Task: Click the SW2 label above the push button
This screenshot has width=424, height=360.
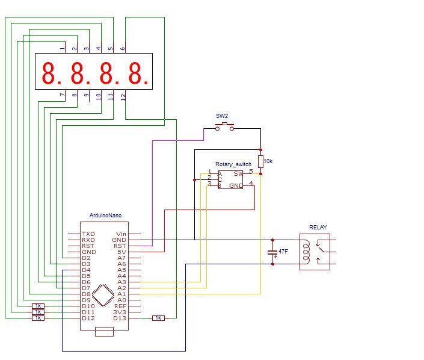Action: coord(222,116)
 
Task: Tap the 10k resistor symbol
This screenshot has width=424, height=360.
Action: coord(260,161)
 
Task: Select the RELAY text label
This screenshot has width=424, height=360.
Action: coord(318,227)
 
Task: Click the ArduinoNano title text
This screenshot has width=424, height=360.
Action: coord(105,215)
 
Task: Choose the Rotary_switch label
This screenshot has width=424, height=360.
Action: coord(233,164)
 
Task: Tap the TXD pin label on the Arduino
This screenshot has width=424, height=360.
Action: coord(88,234)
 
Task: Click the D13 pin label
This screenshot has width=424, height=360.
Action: coord(120,318)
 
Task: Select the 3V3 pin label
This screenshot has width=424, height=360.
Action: coord(120,312)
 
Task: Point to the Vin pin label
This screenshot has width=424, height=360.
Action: coord(121,234)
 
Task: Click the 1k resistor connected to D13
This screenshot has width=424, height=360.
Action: coord(158,318)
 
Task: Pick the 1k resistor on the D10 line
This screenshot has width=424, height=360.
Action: coord(38,306)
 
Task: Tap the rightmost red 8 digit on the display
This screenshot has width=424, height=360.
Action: coord(136,73)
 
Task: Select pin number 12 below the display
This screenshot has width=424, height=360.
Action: coord(123,96)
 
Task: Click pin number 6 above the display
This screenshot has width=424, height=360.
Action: coord(123,49)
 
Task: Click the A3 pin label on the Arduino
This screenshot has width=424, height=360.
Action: coord(121,282)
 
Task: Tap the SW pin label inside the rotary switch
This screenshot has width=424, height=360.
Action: coord(239,173)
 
